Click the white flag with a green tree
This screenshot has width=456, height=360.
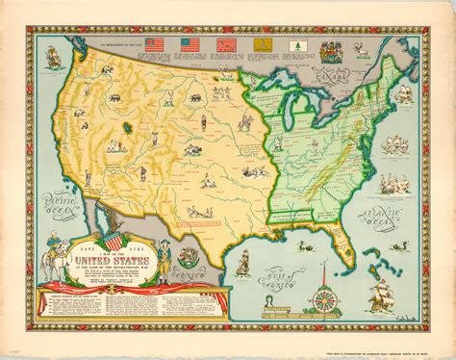tap(294, 43)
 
